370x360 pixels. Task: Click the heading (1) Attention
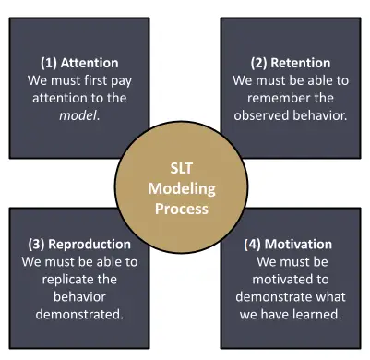[79, 63]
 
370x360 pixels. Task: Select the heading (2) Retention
[291, 63]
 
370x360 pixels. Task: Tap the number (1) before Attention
[50, 63]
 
